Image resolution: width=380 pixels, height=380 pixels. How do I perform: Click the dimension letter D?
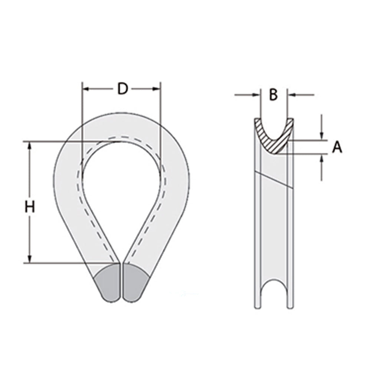pos(122,89)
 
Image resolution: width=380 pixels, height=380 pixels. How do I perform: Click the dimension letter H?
pos(30,207)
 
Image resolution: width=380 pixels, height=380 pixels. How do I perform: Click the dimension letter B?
pos(273,95)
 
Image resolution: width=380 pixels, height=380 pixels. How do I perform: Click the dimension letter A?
pos(337,148)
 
